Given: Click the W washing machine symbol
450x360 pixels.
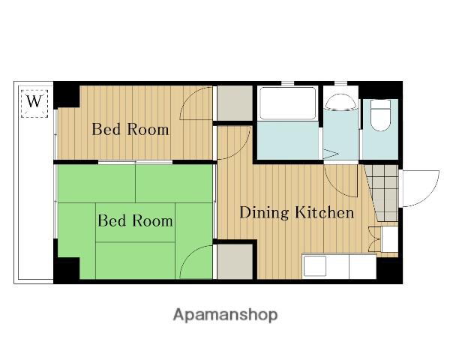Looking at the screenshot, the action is [34, 103].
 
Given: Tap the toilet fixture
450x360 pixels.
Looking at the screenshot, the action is [380, 115].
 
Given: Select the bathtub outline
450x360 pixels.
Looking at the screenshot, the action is [287, 103].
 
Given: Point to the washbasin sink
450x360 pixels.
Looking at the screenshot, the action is [341, 102].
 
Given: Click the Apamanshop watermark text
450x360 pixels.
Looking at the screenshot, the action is [225, 315].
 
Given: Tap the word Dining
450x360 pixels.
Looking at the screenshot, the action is [264, 213].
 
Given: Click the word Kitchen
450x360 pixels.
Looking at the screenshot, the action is [325, 212].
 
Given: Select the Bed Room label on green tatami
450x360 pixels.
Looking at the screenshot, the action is [135, 220].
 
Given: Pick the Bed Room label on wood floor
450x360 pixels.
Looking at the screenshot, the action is [130, 129].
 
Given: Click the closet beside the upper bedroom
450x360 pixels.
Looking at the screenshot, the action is [235, 103].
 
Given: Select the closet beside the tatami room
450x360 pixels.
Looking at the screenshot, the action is [235, 261].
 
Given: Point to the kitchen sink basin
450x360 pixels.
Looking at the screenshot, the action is [315, 266].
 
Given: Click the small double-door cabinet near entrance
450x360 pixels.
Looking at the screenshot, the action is [383, 240].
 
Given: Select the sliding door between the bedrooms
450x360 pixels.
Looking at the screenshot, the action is [135, 162].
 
